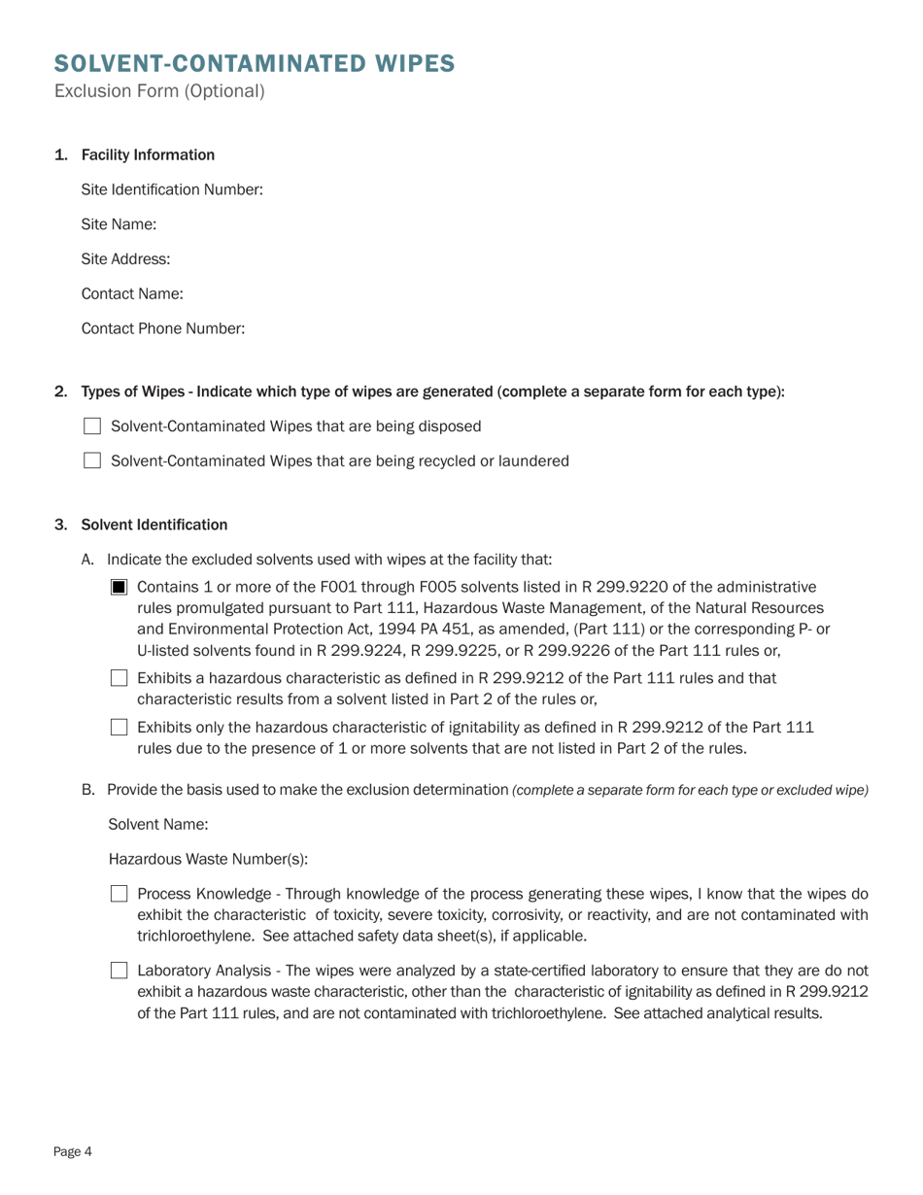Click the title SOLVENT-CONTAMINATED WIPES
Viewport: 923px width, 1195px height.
pos(255,64)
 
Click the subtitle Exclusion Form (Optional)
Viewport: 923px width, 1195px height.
pos(159,92)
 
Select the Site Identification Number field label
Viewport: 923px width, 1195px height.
pos(172,189)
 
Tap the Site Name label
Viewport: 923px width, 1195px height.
pos(119,224)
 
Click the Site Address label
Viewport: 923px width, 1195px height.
pos(125,259)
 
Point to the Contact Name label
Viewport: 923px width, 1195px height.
pos(132,294)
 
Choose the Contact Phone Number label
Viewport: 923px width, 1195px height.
pos(162,329)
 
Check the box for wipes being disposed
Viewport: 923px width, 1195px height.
pos(92,427)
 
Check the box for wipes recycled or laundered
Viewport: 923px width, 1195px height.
pos(92,461)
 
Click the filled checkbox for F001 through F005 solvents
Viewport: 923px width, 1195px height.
pos(120,587)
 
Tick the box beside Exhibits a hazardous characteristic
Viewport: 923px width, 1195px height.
pos(120,678)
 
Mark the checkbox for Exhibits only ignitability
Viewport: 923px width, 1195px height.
pos(120,727)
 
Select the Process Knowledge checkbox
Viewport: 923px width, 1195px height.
pos(120,894)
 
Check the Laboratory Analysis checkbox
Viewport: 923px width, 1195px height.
pos(120,970)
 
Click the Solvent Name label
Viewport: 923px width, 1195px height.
pos(158,825)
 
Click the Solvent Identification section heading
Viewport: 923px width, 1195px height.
pos(154,526)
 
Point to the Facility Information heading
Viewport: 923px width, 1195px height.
pos(148,155)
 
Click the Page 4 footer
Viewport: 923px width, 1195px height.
pos(73,1152)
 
